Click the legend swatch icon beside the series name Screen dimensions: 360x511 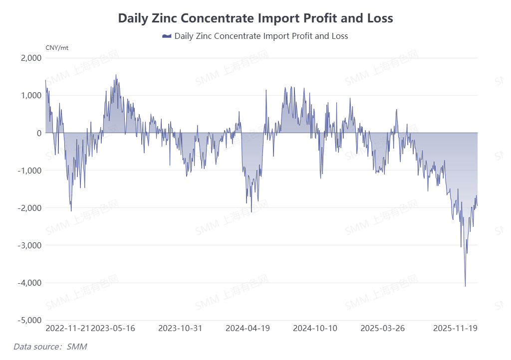click(167, 36)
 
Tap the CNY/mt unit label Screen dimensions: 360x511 click(57, 48)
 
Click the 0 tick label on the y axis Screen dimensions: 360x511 click(38, 133)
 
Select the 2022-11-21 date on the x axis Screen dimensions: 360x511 click(67, 329)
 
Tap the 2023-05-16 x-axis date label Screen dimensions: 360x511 click(114, 329)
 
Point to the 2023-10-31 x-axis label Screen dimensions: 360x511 click(180, 329)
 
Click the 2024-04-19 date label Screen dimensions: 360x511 click(248, 329)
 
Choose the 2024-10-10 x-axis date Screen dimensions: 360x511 click(315, 329)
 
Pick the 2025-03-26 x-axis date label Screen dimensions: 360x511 click(382, 329)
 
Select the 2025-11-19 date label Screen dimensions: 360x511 click(456, 329)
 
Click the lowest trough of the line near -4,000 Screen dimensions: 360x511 click(465, 286)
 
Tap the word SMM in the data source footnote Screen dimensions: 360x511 click(77, 346)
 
